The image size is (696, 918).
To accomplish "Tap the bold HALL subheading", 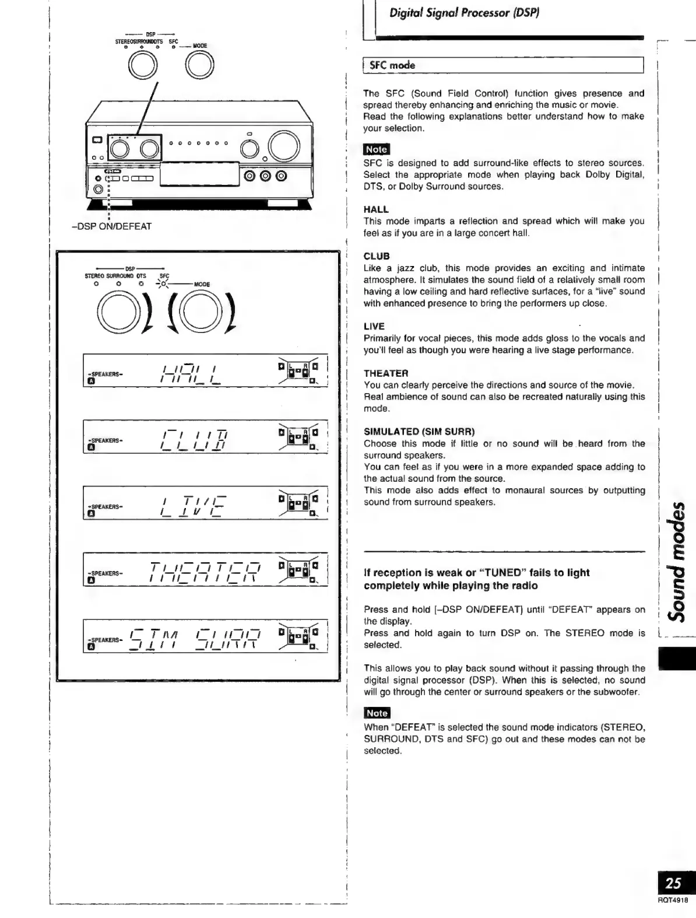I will click(x=376, y=209).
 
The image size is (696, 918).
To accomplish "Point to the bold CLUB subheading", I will click(x=377, y=256).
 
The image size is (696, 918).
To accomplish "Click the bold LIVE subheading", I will click(x=374, y=326).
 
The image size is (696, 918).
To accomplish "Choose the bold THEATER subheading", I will click(x=386, y=373).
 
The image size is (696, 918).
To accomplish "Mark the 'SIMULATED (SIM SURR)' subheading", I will click(x=419, y=432).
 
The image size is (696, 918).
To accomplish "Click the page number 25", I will click(x=673, y=883).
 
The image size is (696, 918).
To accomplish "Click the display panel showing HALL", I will click(x=205, y=371).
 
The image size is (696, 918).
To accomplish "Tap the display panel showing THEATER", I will click(x=205, y=569).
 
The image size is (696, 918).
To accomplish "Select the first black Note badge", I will click(x=376, y=149).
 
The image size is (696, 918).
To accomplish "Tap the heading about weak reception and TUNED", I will click(x=476, y=579).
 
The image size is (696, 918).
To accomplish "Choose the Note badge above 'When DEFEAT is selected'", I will click(x=376, y=713).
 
